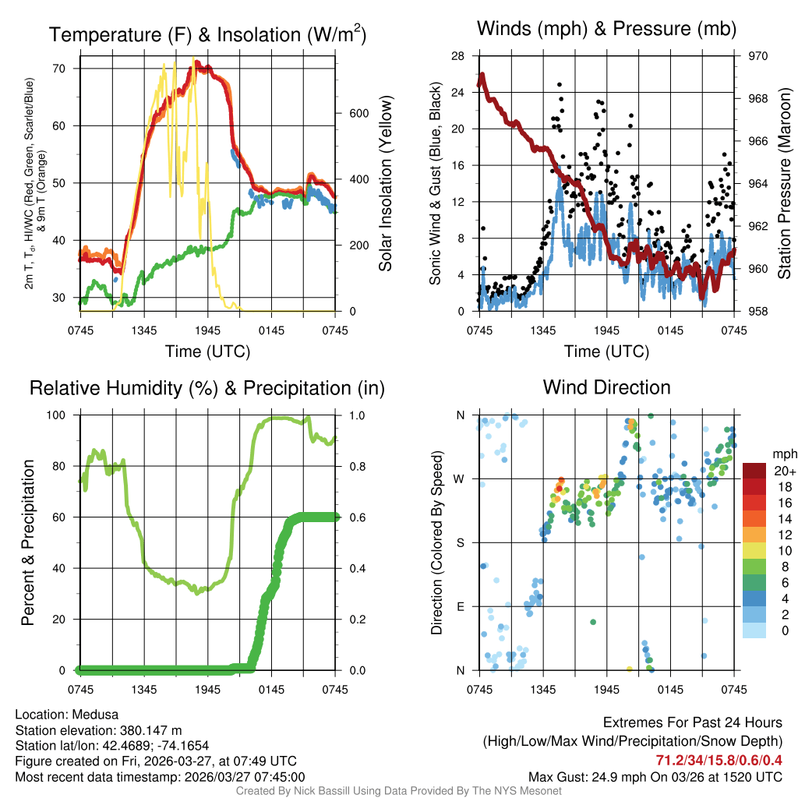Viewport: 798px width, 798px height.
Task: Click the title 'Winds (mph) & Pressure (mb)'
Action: [x=606, y=30]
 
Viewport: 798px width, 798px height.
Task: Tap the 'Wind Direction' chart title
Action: [x=606, y=387]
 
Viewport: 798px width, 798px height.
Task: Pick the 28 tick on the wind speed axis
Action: [x=458, y=56]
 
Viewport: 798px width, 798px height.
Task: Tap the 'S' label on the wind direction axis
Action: [x=460, y=542]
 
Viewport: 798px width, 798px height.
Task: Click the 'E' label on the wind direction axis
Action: [x=460, y=606]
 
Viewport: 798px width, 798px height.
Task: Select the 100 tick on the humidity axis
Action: [x=63, y=415]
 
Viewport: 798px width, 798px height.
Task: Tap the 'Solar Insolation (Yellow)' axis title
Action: [x=385, y=183]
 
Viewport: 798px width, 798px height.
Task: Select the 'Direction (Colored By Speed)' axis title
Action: [x=437, y=542]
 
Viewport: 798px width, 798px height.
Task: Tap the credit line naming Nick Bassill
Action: [x=398, y=791]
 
